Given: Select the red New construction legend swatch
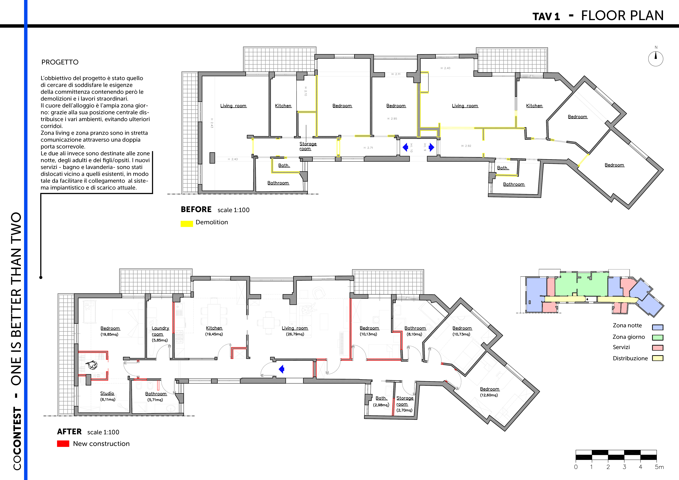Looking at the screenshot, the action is pyautogui.click(x=63, y=444).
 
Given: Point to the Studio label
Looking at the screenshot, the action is pyautogui.click(x=107, y=393).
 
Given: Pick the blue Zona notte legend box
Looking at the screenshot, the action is pyautogui.click(x=658, y=327).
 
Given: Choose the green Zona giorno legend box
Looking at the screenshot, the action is pyautogui.click(x=658, y=338).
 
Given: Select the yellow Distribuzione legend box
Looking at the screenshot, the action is pyautogui.click(x=658, y=358).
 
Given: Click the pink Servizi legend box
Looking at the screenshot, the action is pyautogui.click(x=658, y=348).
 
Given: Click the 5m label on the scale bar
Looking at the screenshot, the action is pyautogui.click(x=659, y=467).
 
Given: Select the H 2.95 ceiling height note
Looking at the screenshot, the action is pyautogui.click(x=392, y=118).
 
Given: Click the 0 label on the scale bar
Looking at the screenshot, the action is pyautogui.click(x=576, y=467).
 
